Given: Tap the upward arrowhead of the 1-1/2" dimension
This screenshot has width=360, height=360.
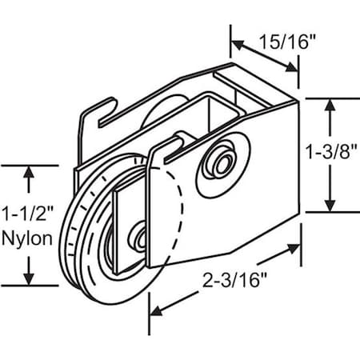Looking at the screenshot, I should click(29, 171).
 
